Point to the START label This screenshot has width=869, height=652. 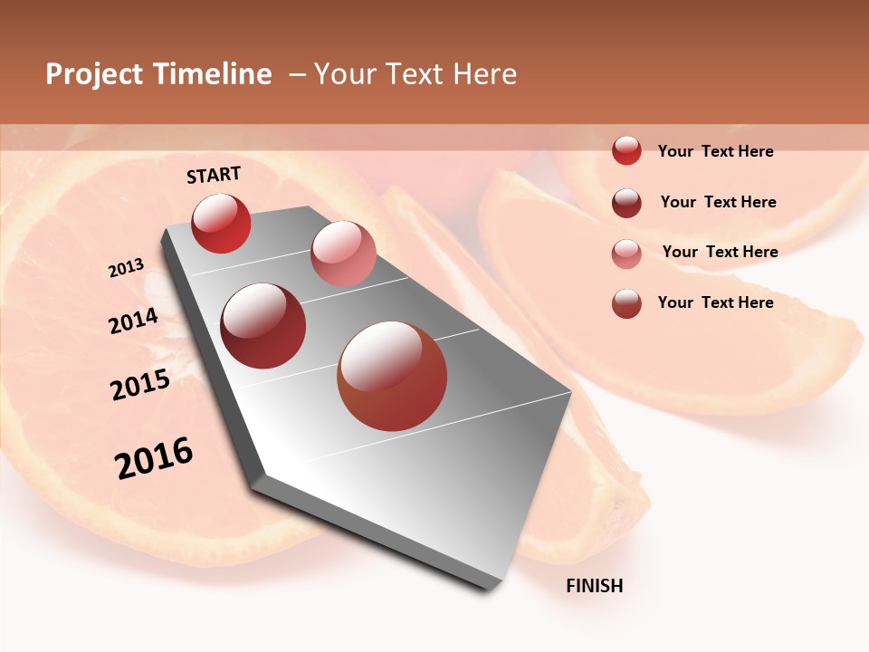[214, 175]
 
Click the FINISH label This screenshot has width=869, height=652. [595, 586]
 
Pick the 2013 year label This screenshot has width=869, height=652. [127, 268]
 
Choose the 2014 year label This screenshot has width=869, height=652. [134, 321]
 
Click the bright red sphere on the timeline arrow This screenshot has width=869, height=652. [221, 223]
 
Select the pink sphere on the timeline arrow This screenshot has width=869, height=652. [343, 254]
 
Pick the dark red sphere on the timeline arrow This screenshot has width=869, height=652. [263, 326]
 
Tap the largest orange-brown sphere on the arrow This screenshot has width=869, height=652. [392, 376]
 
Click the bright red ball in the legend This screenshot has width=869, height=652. [626, 150]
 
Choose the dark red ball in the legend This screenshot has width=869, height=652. [626, 203]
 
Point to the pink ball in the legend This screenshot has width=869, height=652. [626, 254]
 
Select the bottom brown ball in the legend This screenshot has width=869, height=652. [626, 303]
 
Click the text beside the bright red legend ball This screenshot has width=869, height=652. [715, 151]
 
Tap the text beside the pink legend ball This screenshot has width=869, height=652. [720, 252]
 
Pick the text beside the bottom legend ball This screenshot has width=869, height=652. [715, 302]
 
